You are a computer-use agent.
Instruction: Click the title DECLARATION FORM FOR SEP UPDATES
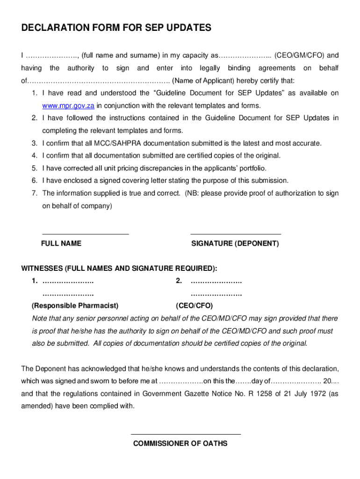[x=116, y=29]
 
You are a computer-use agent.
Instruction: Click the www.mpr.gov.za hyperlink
[x=69, y=106]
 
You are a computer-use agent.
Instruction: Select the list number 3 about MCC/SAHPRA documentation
[x=34, y=143]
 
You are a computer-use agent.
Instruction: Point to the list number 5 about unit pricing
[x=34, y=168]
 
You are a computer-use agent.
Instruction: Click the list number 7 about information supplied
[x=34, y=193]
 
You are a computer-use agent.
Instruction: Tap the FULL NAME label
[x=61, y=244]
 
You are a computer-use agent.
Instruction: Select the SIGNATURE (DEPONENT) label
[x=235, y=244]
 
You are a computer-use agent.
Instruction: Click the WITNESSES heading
[x=119, y=269]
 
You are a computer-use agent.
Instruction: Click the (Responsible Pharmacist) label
[x=75, y=306]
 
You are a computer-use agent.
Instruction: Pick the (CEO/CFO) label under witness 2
[x=194, y=306]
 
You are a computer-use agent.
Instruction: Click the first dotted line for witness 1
[x=68, y=282]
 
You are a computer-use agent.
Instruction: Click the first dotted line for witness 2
[x=216, y=282]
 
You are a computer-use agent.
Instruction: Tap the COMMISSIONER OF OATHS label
[x=180, y=443]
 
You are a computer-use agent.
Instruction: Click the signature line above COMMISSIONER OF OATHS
[x=186, y=434]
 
